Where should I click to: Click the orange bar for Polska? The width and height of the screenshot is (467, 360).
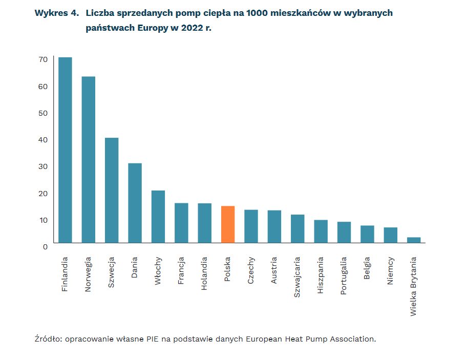pyautogui.click(x=228, y=224)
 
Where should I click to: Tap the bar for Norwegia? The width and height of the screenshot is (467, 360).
pyautogui.click(x=89, y=159)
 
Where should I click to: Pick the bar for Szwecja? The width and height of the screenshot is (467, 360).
pyautogui.click(x=112, y=190)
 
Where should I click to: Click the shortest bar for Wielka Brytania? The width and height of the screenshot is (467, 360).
pyautogui.click(x=414, y=240)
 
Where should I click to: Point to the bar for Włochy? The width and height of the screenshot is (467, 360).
pyautogui.click(x=158, y=216)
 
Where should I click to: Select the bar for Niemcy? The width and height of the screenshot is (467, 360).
pyautogui.click(x=391, y=235)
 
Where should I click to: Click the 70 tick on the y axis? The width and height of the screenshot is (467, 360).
pyautogui.click(x=43, y=59)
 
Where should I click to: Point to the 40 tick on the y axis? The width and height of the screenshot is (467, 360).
pyautogui.click(x=43, y=140)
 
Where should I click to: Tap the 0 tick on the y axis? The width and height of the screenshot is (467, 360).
pyautogui.click(x=45, y=247)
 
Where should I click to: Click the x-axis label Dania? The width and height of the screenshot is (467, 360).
pyautogui.click(x=135, y=267)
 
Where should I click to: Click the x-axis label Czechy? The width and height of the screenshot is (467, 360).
pyautogui.click(x=251, y=270)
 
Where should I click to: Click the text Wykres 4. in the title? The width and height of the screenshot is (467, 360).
pyautogui.click(x=57, y=13)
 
